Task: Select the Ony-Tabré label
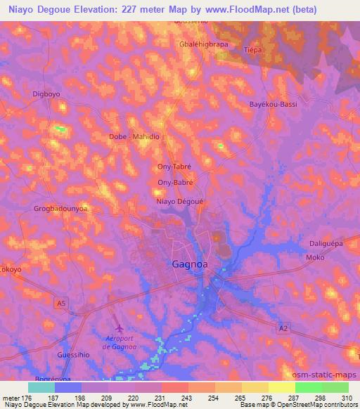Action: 174,167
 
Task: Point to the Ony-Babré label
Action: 175,182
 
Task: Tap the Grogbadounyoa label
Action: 59,208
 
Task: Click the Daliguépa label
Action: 326,243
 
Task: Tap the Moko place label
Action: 314,257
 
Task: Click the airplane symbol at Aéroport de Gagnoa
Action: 118,327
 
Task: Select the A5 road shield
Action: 63,302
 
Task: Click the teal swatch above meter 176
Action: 41,387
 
